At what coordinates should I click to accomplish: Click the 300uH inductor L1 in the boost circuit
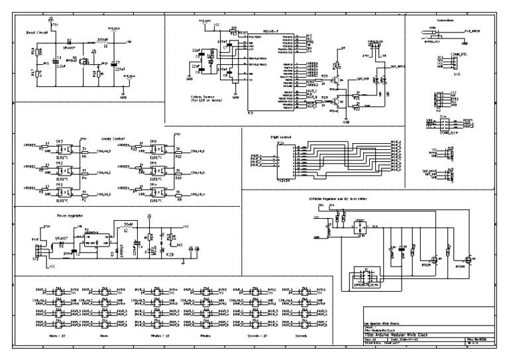tap(103, 44)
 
